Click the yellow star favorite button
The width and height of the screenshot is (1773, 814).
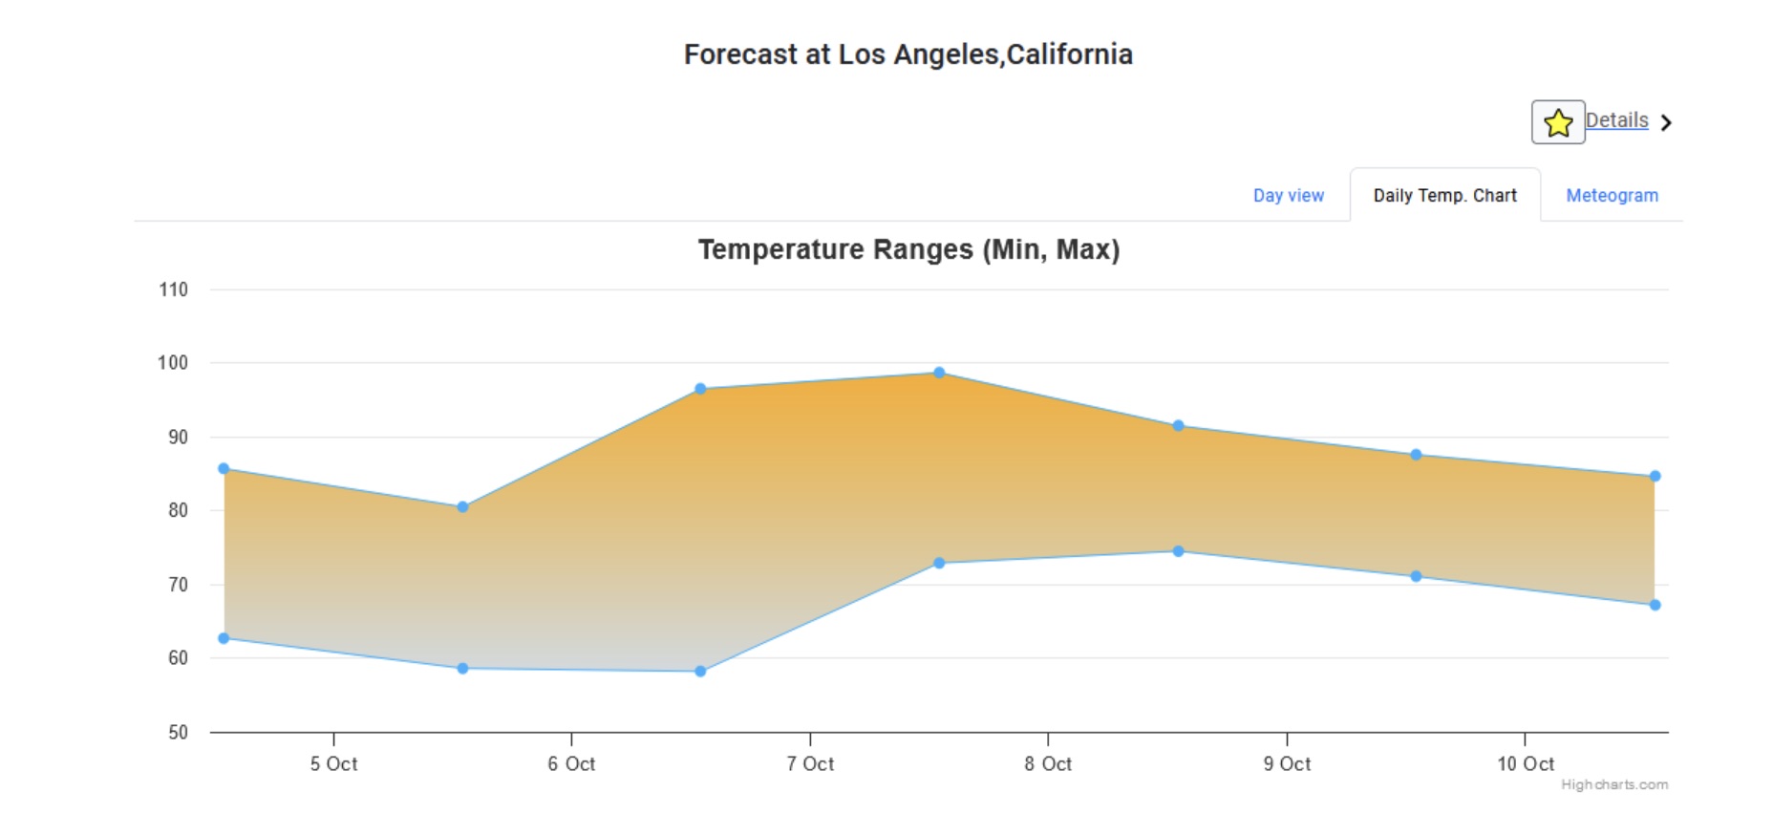[1557, 122]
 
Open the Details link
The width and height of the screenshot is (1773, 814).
[1616, 120]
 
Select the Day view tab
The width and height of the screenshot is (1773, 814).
[1288, 195]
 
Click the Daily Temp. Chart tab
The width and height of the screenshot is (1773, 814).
[1444, 195]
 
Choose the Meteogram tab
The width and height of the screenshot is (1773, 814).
[1612, 195]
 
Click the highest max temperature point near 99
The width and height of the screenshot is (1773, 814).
[939, 373]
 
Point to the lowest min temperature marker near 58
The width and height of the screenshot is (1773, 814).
[700, 671]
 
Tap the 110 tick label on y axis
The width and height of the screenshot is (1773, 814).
[173, 289]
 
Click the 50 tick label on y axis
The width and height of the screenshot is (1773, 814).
[178, 732]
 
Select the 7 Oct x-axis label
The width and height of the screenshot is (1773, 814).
[810, 763]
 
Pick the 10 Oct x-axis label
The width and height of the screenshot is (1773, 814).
[1525, 763]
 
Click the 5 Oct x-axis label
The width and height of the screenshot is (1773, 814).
[333, 763]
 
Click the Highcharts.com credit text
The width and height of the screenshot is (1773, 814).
[1614, 784]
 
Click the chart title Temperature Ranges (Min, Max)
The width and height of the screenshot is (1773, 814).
[908, 249]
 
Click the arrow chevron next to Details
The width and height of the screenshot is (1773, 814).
[1666, 122]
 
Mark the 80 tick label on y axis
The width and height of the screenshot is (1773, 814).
[178, 510]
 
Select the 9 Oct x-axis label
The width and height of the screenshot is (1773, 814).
[1287, 763]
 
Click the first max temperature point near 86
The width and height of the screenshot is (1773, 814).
[224, 468]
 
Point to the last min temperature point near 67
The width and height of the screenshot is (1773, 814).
[1655, 605]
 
